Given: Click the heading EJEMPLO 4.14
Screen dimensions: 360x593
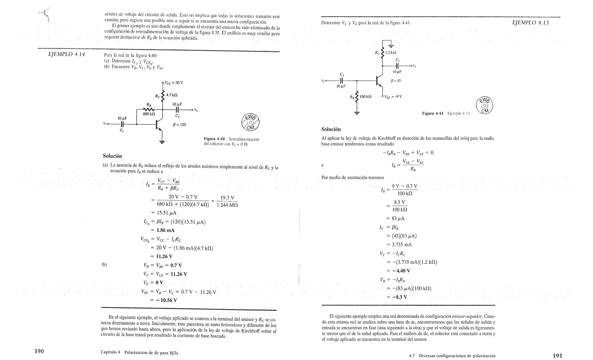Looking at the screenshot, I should click(x=67, y=54).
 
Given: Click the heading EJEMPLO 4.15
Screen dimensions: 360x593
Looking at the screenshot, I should click(x=530, y=23).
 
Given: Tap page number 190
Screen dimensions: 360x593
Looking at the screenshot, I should click(x=39, y=351).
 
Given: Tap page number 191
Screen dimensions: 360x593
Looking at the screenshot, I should click(x=557, y=356).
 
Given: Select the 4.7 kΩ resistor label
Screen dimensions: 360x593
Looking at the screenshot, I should click(x=172, y=95).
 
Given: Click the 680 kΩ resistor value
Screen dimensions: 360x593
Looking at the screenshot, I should click(x=149, y=114).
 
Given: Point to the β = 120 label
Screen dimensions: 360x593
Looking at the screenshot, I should click(x=179, y=125).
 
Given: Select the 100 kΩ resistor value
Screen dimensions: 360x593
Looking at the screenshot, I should click(x=365, y=97).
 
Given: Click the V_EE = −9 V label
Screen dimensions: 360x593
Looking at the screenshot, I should click(x=393, y=97).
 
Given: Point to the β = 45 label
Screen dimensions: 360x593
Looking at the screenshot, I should click(x=396, y=81).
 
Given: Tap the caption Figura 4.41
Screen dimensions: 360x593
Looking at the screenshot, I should click(x=433, y=113).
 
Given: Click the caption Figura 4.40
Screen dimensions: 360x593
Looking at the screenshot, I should click(x=214, y=139).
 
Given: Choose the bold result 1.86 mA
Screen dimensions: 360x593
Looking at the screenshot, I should click(x=165, y=230).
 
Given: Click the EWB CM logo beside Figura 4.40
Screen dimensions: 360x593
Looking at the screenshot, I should click(x=250, y=122).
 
